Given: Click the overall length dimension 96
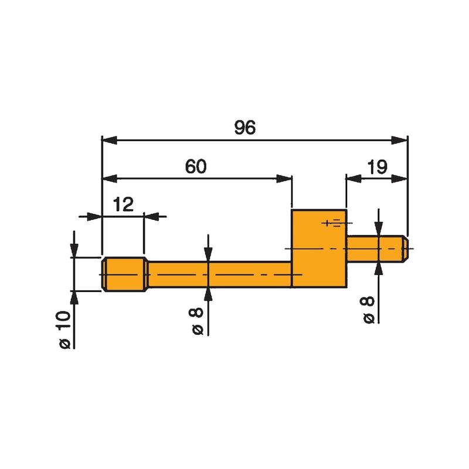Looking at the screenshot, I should click(x=244, y=128).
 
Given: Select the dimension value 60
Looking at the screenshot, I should click(x=196, y=166).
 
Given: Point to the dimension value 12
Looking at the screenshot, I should click(x=123, y=204).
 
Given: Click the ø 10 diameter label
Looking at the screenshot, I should click(x=64, y=329).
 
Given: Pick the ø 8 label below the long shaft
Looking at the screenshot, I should click(x=198, y=321).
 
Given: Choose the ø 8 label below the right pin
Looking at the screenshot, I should click(x=369, y=310).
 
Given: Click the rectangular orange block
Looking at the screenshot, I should click(x=319, y=249).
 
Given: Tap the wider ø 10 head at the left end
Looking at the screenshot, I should click(x=123, y=274).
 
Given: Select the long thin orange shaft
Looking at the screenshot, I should click(x=220, y=274).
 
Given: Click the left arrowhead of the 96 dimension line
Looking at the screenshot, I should click(x=109, y=140).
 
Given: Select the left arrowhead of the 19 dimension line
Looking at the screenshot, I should click(x=354, y=178).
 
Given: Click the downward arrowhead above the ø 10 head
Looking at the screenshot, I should click(x=74, y=251).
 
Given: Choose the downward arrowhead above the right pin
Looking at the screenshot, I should click(x=379, y=229).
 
